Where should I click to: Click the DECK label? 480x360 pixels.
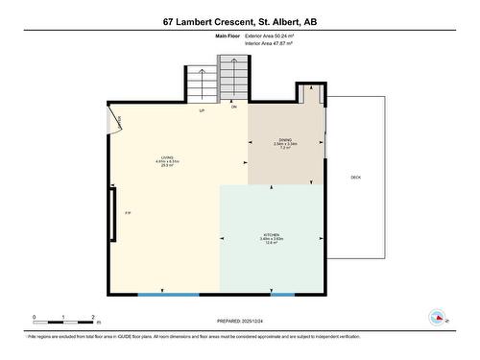tap(355, 178)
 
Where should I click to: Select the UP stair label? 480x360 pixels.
tap(203, 111)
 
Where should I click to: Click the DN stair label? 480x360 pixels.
tap(234, 107)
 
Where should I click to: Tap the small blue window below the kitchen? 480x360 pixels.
tap(281, 294)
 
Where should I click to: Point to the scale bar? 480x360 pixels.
tap(62, 320)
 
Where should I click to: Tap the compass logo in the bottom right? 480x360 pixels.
tap(438, 318)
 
